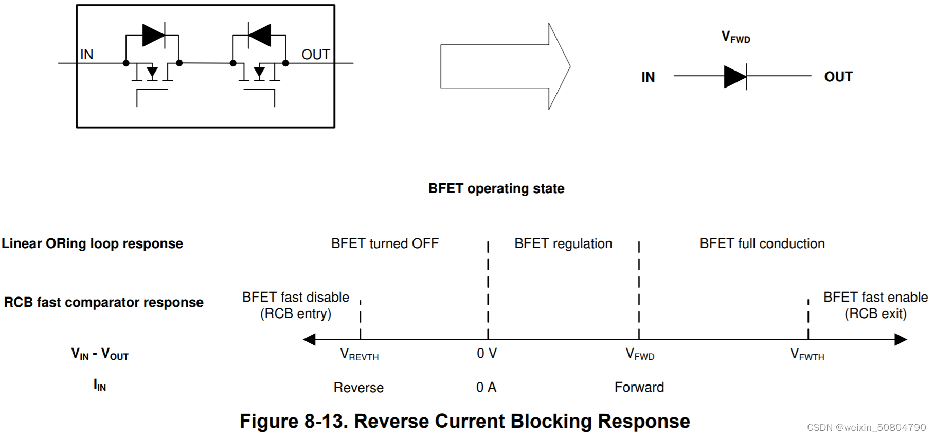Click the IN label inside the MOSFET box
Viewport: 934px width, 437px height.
pyautogui.click(x=86, y=55)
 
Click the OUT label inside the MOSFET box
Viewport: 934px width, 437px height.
pyautogui.click(x=315, y=55)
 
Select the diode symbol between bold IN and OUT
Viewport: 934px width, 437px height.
pyautogui.click(x=735, y=77)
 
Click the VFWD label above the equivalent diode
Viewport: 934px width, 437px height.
pyautogui.click(x=735, y=37)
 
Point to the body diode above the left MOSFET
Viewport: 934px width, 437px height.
pyautogui.click(x=153, y=36)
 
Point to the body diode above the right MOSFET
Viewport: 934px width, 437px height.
pyautogui.click(x=259, y=36)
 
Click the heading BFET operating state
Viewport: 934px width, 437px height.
pyautogui.click(x=496, y=188)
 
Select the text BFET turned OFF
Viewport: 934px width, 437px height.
pyautogui.click(x=385, y=243)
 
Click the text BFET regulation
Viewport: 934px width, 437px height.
pyautogui.click(x=563, y=243)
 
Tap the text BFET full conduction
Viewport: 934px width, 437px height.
pyautogui.click(x=762, y=243)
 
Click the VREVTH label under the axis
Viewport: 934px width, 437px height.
pyautogui.click(x=359, y=355)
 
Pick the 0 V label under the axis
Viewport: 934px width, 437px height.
pyautogui.click(x=487, y=353)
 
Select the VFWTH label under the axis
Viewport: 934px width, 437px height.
pyautogui.click(x=807, y=355)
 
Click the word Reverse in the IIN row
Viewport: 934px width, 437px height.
pyautogui.click(x=358, y=388)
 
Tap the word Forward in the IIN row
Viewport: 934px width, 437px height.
pyautogui.click(x=639, y=387)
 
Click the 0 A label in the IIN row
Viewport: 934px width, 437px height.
pyautogui.click(x=486, y=387)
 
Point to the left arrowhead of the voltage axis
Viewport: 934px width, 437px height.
pyautogui.click(x=310, y=339)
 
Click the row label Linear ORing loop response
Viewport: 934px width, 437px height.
pyautogui.click(x=92, y=243)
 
